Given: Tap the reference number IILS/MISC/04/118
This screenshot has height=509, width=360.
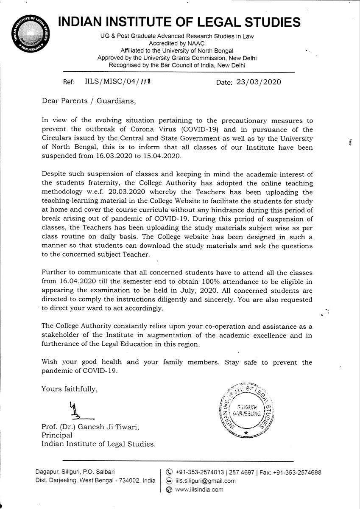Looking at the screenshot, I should (x=118, y=82).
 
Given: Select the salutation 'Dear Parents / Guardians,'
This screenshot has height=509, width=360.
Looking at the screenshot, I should (x=89, y=101).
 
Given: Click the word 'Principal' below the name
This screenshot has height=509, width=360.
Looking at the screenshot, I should (x=57, y=435).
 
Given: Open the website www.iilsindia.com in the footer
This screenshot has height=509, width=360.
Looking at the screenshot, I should (x=199, y=489).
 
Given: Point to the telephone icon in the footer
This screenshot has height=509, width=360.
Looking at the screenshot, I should (x=169, y=472).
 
